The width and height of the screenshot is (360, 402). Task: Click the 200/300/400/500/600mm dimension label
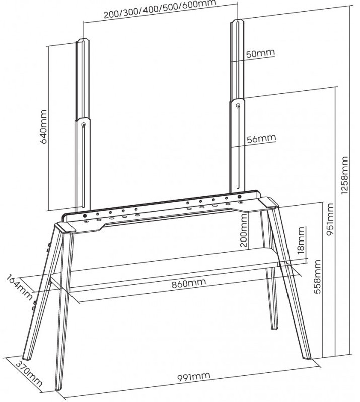click(160, 9)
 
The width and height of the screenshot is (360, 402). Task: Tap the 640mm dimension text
click(44, 127)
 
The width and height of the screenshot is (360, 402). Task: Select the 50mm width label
click(260, 53)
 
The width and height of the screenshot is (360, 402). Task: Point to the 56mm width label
click(261, 139)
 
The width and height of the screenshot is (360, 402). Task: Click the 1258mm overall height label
click(344, 175)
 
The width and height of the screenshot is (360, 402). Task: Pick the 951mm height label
click(329, 220)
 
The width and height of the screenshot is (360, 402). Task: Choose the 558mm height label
click(317, 277)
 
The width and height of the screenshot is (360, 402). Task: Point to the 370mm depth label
click(29, 373)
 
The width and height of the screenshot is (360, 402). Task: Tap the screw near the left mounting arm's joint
click(84, 125)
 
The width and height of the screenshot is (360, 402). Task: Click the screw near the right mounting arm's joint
click(238, 105)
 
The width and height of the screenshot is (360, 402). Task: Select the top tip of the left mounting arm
click(83, 39)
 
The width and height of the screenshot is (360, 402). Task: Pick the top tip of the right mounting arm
click(238, 19)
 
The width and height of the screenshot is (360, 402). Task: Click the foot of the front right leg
click(307, 357)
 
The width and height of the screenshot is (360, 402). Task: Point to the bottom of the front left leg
click(59, 389)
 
